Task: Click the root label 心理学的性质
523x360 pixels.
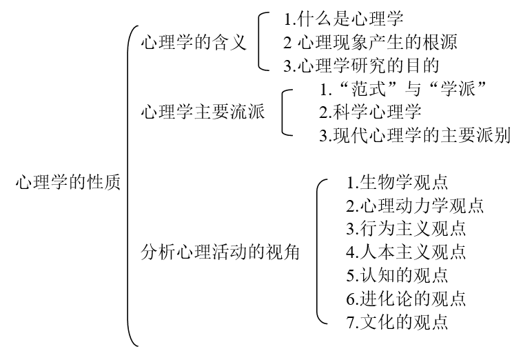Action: [68, 182]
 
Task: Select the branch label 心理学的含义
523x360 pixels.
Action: [194, 42]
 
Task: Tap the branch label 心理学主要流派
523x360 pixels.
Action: [203, 112]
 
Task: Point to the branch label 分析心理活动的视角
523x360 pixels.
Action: [220, 252]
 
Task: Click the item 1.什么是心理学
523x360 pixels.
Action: [344, 19]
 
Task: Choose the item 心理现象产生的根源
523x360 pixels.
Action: [377, 42]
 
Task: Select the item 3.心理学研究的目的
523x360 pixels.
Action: [361, 66]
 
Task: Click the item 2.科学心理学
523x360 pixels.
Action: [370, 112]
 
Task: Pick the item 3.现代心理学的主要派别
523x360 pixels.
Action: [415, 135]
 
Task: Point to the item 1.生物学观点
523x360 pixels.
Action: [397, 182]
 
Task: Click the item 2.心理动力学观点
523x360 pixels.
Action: [415, 206]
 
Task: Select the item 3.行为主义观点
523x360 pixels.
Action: [406, 229]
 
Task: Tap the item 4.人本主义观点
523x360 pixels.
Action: [406, 252]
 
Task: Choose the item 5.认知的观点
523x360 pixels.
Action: [397, 275]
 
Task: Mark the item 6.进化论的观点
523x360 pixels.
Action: [406, 299]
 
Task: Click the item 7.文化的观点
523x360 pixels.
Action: [397, 322]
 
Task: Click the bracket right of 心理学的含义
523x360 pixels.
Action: [259, 42]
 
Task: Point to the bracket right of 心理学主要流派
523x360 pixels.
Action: [283, 112]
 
